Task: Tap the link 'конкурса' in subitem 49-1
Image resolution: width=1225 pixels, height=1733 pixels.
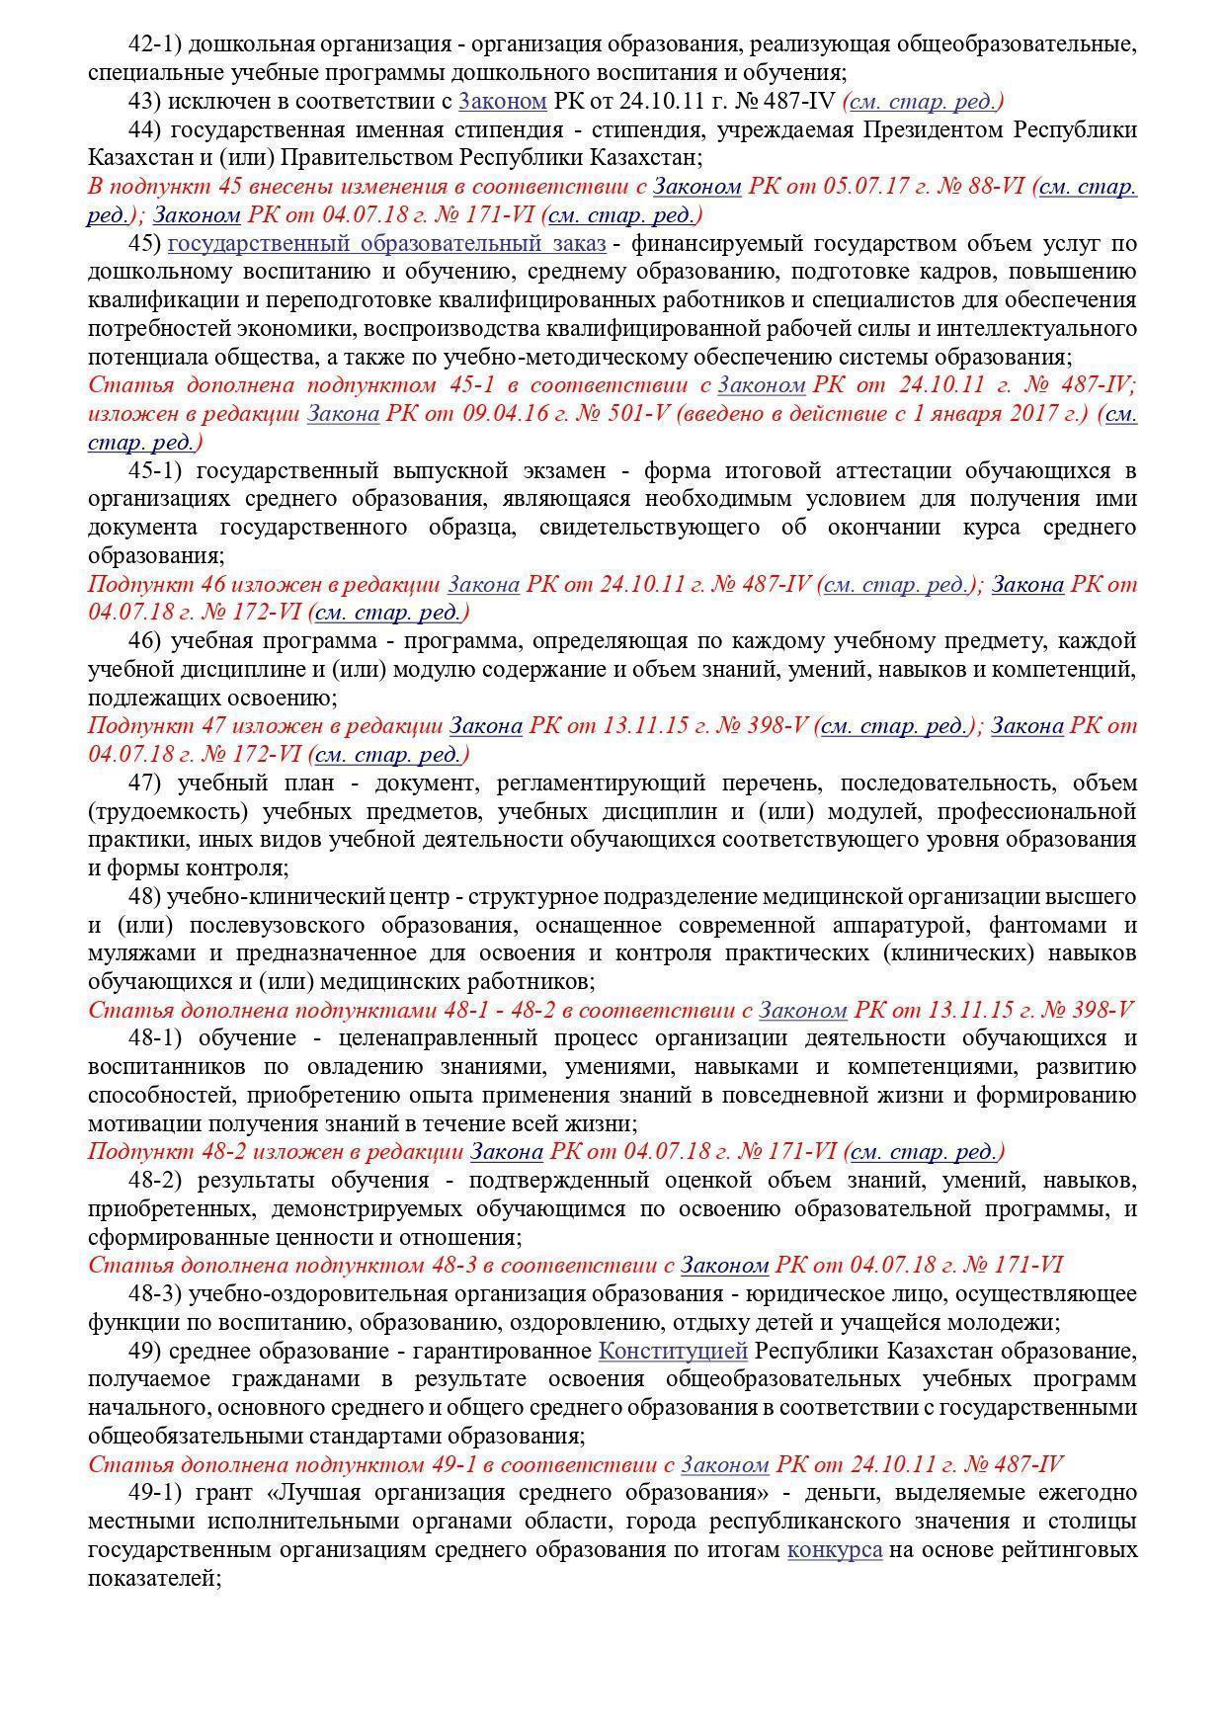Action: (834, 1549)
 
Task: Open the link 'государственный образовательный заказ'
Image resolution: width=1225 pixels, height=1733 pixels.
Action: (386, 243)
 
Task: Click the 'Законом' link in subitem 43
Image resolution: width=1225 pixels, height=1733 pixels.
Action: (503, 101)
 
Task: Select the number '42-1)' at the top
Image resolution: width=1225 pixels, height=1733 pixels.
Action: (155, 44)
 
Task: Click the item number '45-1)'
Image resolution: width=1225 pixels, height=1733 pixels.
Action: (156, 470)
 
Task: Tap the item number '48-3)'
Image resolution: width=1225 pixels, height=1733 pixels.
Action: (155, 1293)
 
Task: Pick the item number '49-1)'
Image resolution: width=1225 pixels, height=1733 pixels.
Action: (156, 1492)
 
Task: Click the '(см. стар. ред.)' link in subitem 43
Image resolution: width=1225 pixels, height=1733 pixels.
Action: (923, 101)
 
